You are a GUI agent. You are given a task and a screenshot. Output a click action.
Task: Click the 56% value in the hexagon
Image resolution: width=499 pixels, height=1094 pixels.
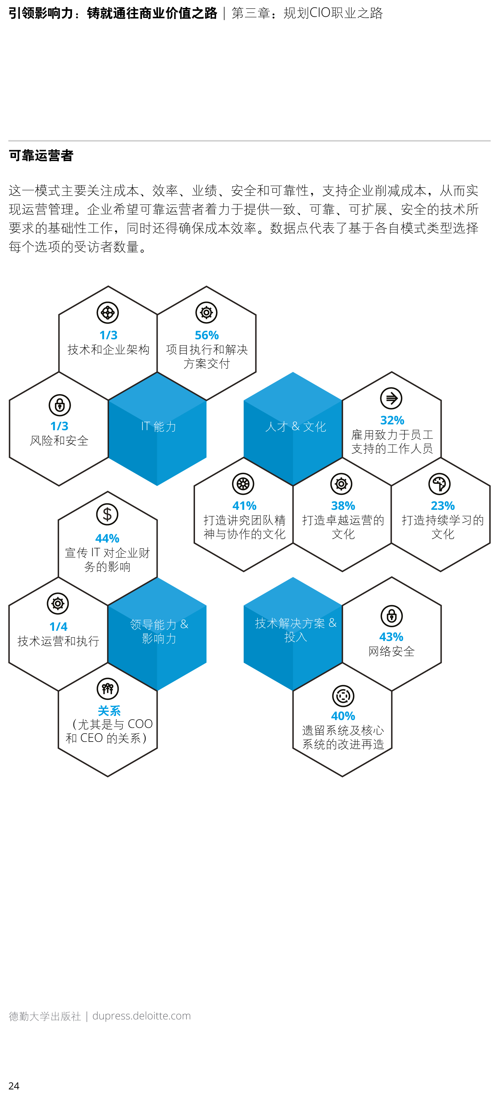click(x=206, y=335)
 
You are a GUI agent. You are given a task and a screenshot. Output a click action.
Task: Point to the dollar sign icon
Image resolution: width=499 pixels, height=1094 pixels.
click(x=107, y=514)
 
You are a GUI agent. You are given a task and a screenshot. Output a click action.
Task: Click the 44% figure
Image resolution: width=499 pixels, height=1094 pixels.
click(x=107, y=538)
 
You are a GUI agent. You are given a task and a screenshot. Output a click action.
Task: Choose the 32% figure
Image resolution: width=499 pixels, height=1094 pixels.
click(x=392, y=420)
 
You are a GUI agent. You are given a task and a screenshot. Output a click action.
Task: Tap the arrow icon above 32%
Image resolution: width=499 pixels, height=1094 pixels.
click(x=391, y=398)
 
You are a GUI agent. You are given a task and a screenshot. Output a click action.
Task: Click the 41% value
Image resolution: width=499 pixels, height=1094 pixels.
click(x=244, y=506)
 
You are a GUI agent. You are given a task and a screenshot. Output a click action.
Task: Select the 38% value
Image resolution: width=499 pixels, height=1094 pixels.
click(x=343, y=506)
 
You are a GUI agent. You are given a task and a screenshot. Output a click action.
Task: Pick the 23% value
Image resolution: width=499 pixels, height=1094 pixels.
click(x=443, y=506)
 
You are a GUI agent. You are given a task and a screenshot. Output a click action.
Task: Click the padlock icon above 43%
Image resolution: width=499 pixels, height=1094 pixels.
click(x=392, y=616)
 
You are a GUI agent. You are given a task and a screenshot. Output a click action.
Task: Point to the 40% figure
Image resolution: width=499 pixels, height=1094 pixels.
click(x=343, y=716)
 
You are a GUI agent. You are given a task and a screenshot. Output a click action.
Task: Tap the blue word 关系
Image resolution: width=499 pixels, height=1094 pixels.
click(x=109, y=711)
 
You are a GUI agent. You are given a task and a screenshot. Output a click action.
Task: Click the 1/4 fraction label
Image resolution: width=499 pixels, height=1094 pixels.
click(x=58, y=627)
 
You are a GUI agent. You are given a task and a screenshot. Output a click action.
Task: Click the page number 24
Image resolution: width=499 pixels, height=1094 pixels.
click(x=14, y=1086)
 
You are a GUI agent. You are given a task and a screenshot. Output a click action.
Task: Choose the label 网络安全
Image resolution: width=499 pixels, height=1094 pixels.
click(x=392, y=652)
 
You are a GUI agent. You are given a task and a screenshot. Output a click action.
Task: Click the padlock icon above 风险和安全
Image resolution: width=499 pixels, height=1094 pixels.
click(x=59, y=405)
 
